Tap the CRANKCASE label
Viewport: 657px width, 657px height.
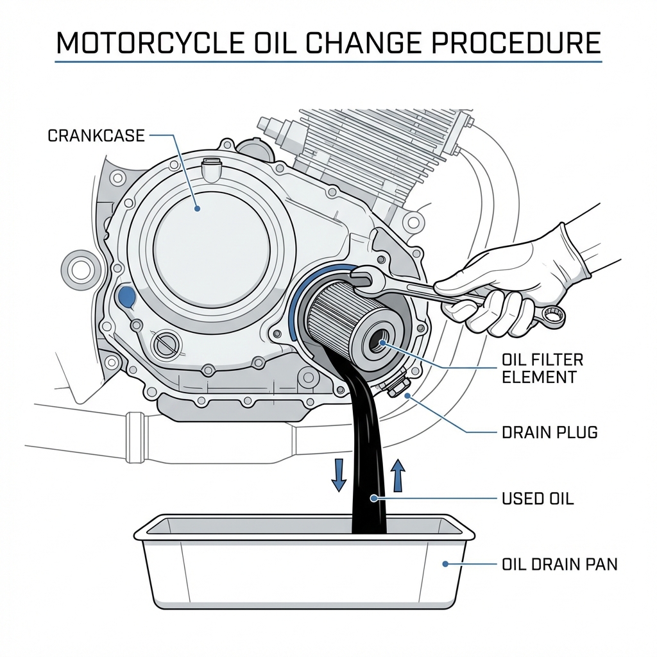tap(96, 136)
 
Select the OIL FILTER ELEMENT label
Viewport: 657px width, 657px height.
tap(542, 368)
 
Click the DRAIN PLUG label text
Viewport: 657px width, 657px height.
tap(549, 432)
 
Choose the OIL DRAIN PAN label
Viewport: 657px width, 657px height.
tap(558, 565)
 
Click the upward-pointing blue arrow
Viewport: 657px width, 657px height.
tap(398, 475)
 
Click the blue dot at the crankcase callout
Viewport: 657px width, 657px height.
tap(197, 209)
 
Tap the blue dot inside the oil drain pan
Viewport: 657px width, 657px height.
tap(445, 565)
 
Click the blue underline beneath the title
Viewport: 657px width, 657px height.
tap(328, 62)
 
